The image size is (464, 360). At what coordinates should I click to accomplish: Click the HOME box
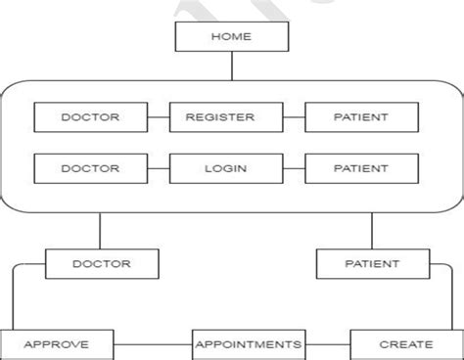231,37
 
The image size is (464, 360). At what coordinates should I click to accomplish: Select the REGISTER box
218,117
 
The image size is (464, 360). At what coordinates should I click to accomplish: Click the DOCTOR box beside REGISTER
90,117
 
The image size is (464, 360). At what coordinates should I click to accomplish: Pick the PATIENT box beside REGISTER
360,117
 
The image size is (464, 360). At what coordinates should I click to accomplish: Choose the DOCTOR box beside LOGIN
90,167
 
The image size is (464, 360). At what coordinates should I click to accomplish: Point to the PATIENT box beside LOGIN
360,167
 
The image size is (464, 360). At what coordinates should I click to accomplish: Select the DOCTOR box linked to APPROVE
102,263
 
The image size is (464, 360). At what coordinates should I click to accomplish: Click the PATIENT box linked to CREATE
372,263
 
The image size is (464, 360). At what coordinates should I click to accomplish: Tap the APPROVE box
56,344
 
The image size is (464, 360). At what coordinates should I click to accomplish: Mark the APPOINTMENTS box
248,344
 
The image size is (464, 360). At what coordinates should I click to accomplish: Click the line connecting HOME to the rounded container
231,67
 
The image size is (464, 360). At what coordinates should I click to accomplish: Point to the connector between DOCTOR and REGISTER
158,117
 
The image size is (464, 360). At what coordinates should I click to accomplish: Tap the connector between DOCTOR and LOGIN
158,167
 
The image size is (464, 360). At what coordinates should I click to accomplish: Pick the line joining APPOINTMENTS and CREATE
326,344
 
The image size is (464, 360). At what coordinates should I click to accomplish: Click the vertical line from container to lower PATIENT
372,231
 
